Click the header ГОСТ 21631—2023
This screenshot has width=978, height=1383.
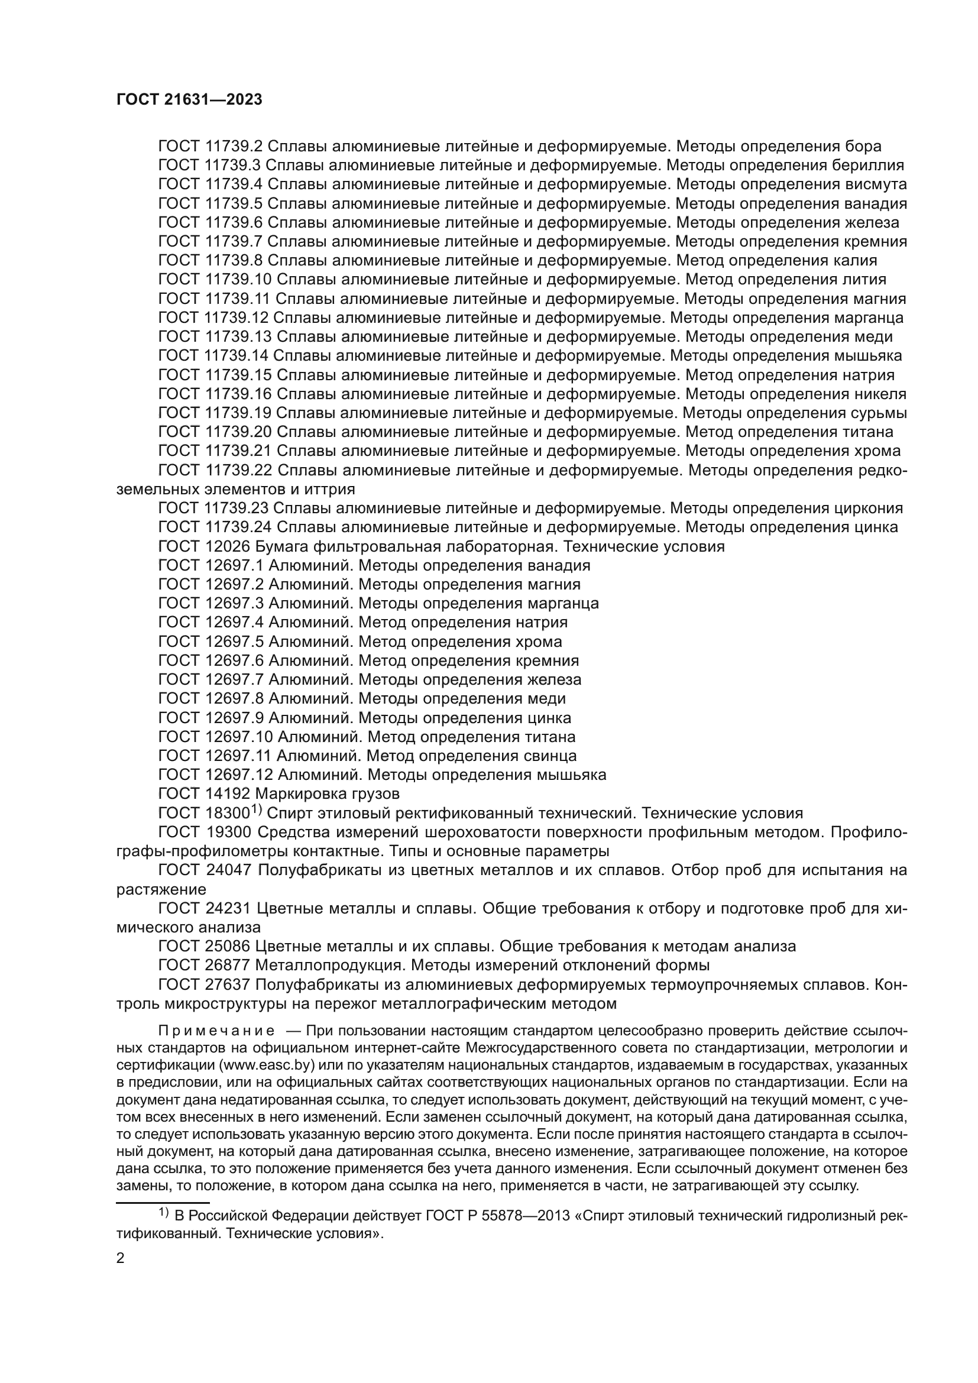[x=189, y=100]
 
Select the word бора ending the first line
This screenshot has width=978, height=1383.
[x=863, y=147]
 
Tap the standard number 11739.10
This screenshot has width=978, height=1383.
[x=238, y=280]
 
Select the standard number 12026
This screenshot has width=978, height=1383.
[x=227, y=547]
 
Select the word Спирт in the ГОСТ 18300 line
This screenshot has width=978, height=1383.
[x=287, y=814]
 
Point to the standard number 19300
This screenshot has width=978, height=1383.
[x=227, y=833]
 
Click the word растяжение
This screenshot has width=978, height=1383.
[x=161, y=890]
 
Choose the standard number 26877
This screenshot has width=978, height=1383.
[x=227, y=966]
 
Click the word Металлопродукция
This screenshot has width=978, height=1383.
[x=331, y=966]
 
